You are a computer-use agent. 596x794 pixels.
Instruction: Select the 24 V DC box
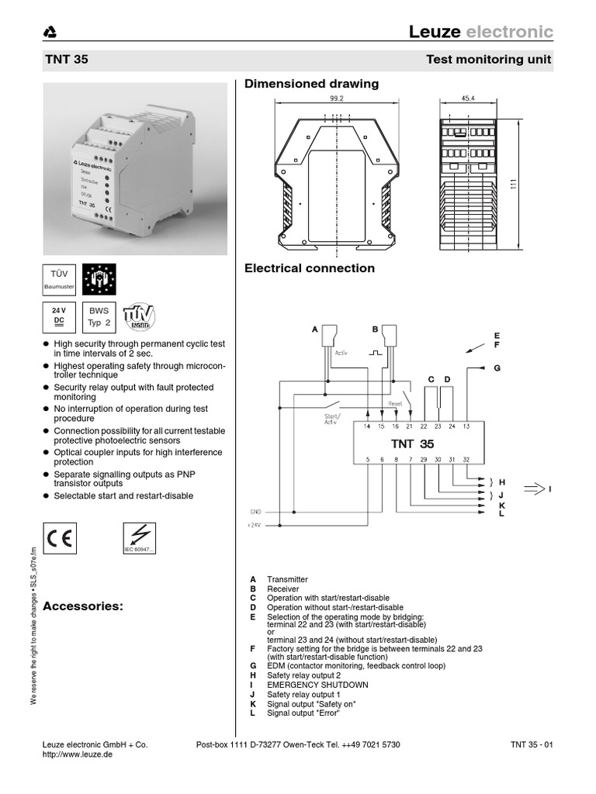(x=58, y=317)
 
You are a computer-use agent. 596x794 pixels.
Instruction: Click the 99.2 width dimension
(x=336, y=99)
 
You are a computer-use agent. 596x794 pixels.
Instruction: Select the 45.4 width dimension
(x=469, y=99)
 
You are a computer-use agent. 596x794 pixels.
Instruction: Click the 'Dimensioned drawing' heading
(x=311, y=83)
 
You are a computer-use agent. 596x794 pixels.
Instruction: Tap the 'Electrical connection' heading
(x=309, y=268)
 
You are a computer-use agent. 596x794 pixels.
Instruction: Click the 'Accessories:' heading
(x=83, y=606)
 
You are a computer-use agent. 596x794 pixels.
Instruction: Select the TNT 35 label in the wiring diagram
(x=412, y=444)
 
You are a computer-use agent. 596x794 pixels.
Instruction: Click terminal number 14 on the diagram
(x=367, y=426)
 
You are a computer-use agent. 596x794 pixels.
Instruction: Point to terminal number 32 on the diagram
(x=466, y=461)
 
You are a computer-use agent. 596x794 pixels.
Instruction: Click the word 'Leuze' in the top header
(x=435, y=32)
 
